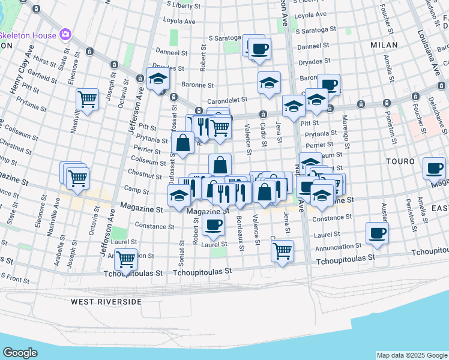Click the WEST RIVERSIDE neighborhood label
tap(105, 301)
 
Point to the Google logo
tap(20, 352)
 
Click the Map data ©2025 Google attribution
tap(411, 355)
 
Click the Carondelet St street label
tap(228, 101)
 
